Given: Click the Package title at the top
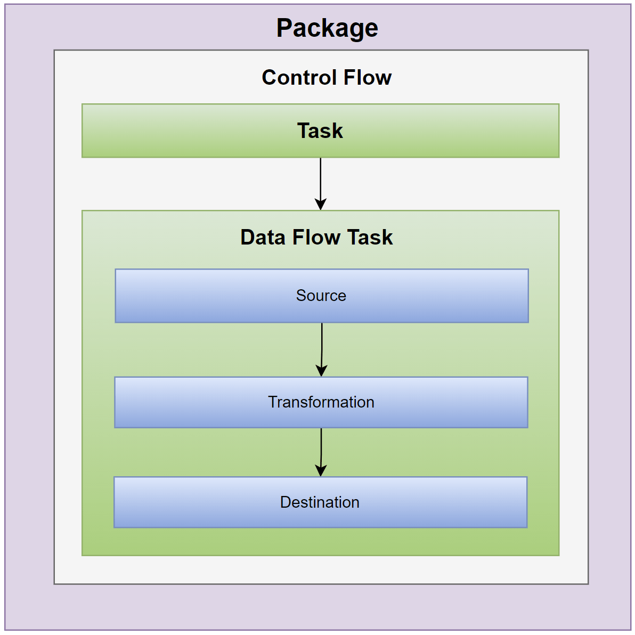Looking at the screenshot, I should click(327, 28).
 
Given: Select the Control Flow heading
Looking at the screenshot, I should click(327, 78).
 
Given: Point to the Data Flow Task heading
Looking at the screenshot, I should click(316, 238).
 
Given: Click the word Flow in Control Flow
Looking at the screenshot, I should click(368, 78).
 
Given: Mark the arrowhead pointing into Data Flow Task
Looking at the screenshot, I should click(321, 204).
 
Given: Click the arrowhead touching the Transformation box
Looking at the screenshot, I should click(321, 370).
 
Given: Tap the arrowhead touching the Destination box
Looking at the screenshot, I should click(321, 470).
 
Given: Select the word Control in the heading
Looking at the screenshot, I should click(300, 78).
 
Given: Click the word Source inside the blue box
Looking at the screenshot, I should click(321, 296).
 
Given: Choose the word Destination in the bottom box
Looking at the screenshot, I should click(320, 502).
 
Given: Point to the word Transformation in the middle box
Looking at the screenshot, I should click(321, 402).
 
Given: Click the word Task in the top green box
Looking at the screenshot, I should click(320, 131).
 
